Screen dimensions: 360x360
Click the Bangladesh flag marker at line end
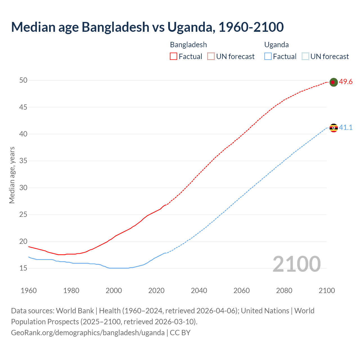(x=333, y=82)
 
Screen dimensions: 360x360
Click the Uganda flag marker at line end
(x=333, y=128)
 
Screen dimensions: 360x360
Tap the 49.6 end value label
(x=346, y=82)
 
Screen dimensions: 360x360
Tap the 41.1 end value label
(x=346, y=128)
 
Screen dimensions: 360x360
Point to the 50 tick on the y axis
(x=23, y=80)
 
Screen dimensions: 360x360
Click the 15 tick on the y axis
(x=23, y=268)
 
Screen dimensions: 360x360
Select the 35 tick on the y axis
(x=23, y=161)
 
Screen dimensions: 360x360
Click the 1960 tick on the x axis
(x=29, y=291)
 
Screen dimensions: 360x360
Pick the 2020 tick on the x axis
(x=156, y=291)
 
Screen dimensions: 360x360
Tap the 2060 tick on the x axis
(x=242, y=291)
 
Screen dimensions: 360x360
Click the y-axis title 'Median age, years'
(x=12, y=175)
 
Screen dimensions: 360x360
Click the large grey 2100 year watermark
(x=296, y=264)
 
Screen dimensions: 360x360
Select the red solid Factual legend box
(x=174, y=57)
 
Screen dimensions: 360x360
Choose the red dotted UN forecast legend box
(x=211, y=57)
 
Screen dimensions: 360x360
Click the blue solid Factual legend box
(x=268, y=57)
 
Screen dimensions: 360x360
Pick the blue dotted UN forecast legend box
(x=305, y=57)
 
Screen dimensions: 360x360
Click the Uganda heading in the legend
(x=276, y=45)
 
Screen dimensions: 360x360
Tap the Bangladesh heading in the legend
(x=188, y=45)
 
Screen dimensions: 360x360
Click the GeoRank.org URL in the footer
(x=88, y=333)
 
